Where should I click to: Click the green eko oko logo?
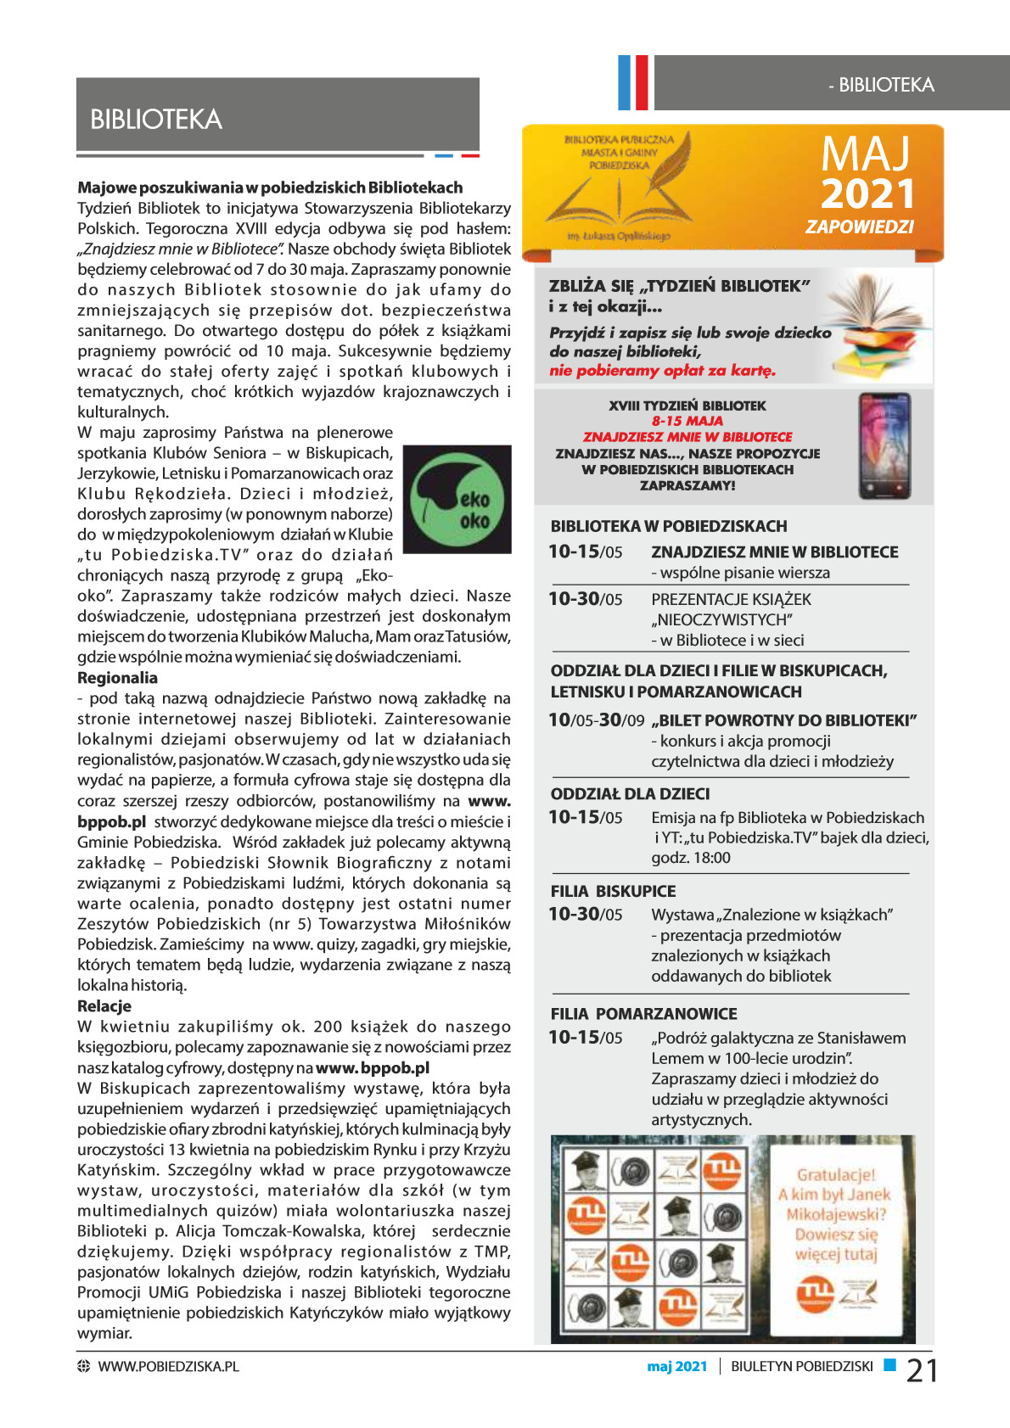click(x=457, y=500)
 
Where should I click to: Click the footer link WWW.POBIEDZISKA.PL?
click(x=168, y=1366)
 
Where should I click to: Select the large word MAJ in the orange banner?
click(x=865, y=154)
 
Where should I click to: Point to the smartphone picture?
click(x=884, y=445)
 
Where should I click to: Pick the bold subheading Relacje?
click(x=104, y=1006)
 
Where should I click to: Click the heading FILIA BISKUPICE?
click(x=613, y=891)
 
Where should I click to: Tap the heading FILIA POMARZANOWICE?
click(x=643, y=1014)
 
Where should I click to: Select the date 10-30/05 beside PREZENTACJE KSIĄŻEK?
click(x=585, y=599)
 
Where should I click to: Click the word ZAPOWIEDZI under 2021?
click(x=859, y=227)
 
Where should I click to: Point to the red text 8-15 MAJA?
click(x=687, y=421)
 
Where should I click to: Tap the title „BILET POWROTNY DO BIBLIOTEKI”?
click(x=784, y=720)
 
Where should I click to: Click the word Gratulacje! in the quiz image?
click(x=835, y=1175)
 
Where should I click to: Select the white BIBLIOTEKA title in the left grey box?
click(x=156, y=120)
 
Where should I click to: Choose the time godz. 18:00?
click(x=690, y=858)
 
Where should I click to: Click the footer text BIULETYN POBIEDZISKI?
click(x=801, y=1366)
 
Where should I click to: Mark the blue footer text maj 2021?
click(x=676, y=1366)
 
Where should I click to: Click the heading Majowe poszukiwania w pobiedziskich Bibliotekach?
click(x=270, y=188)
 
